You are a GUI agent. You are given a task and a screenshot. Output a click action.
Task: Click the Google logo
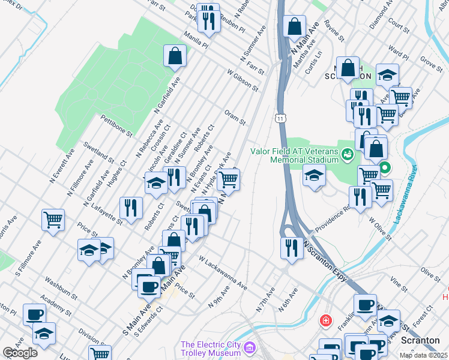(20, 352)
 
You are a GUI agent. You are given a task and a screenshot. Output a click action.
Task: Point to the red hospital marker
(326, 320)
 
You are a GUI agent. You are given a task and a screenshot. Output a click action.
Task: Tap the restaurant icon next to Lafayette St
(131, 208)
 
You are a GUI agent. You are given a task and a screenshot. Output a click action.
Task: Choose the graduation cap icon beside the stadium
(314, 176)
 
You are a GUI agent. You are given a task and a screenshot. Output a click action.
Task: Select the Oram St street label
(235, 117)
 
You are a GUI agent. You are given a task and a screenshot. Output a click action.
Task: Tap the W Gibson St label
(242, 80)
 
